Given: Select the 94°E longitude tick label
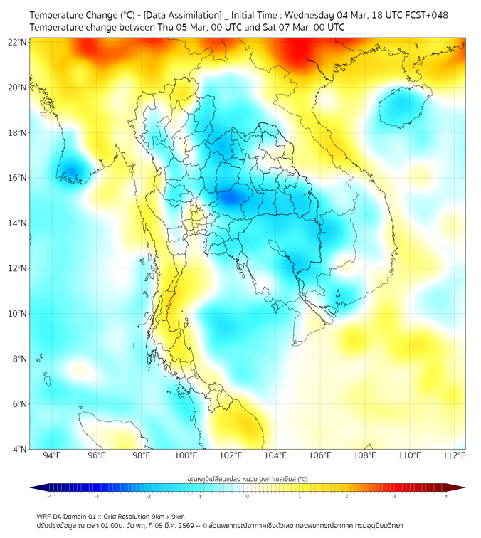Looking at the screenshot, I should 52,455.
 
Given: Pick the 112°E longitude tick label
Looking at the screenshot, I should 454,455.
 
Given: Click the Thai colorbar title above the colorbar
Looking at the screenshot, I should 247,478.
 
